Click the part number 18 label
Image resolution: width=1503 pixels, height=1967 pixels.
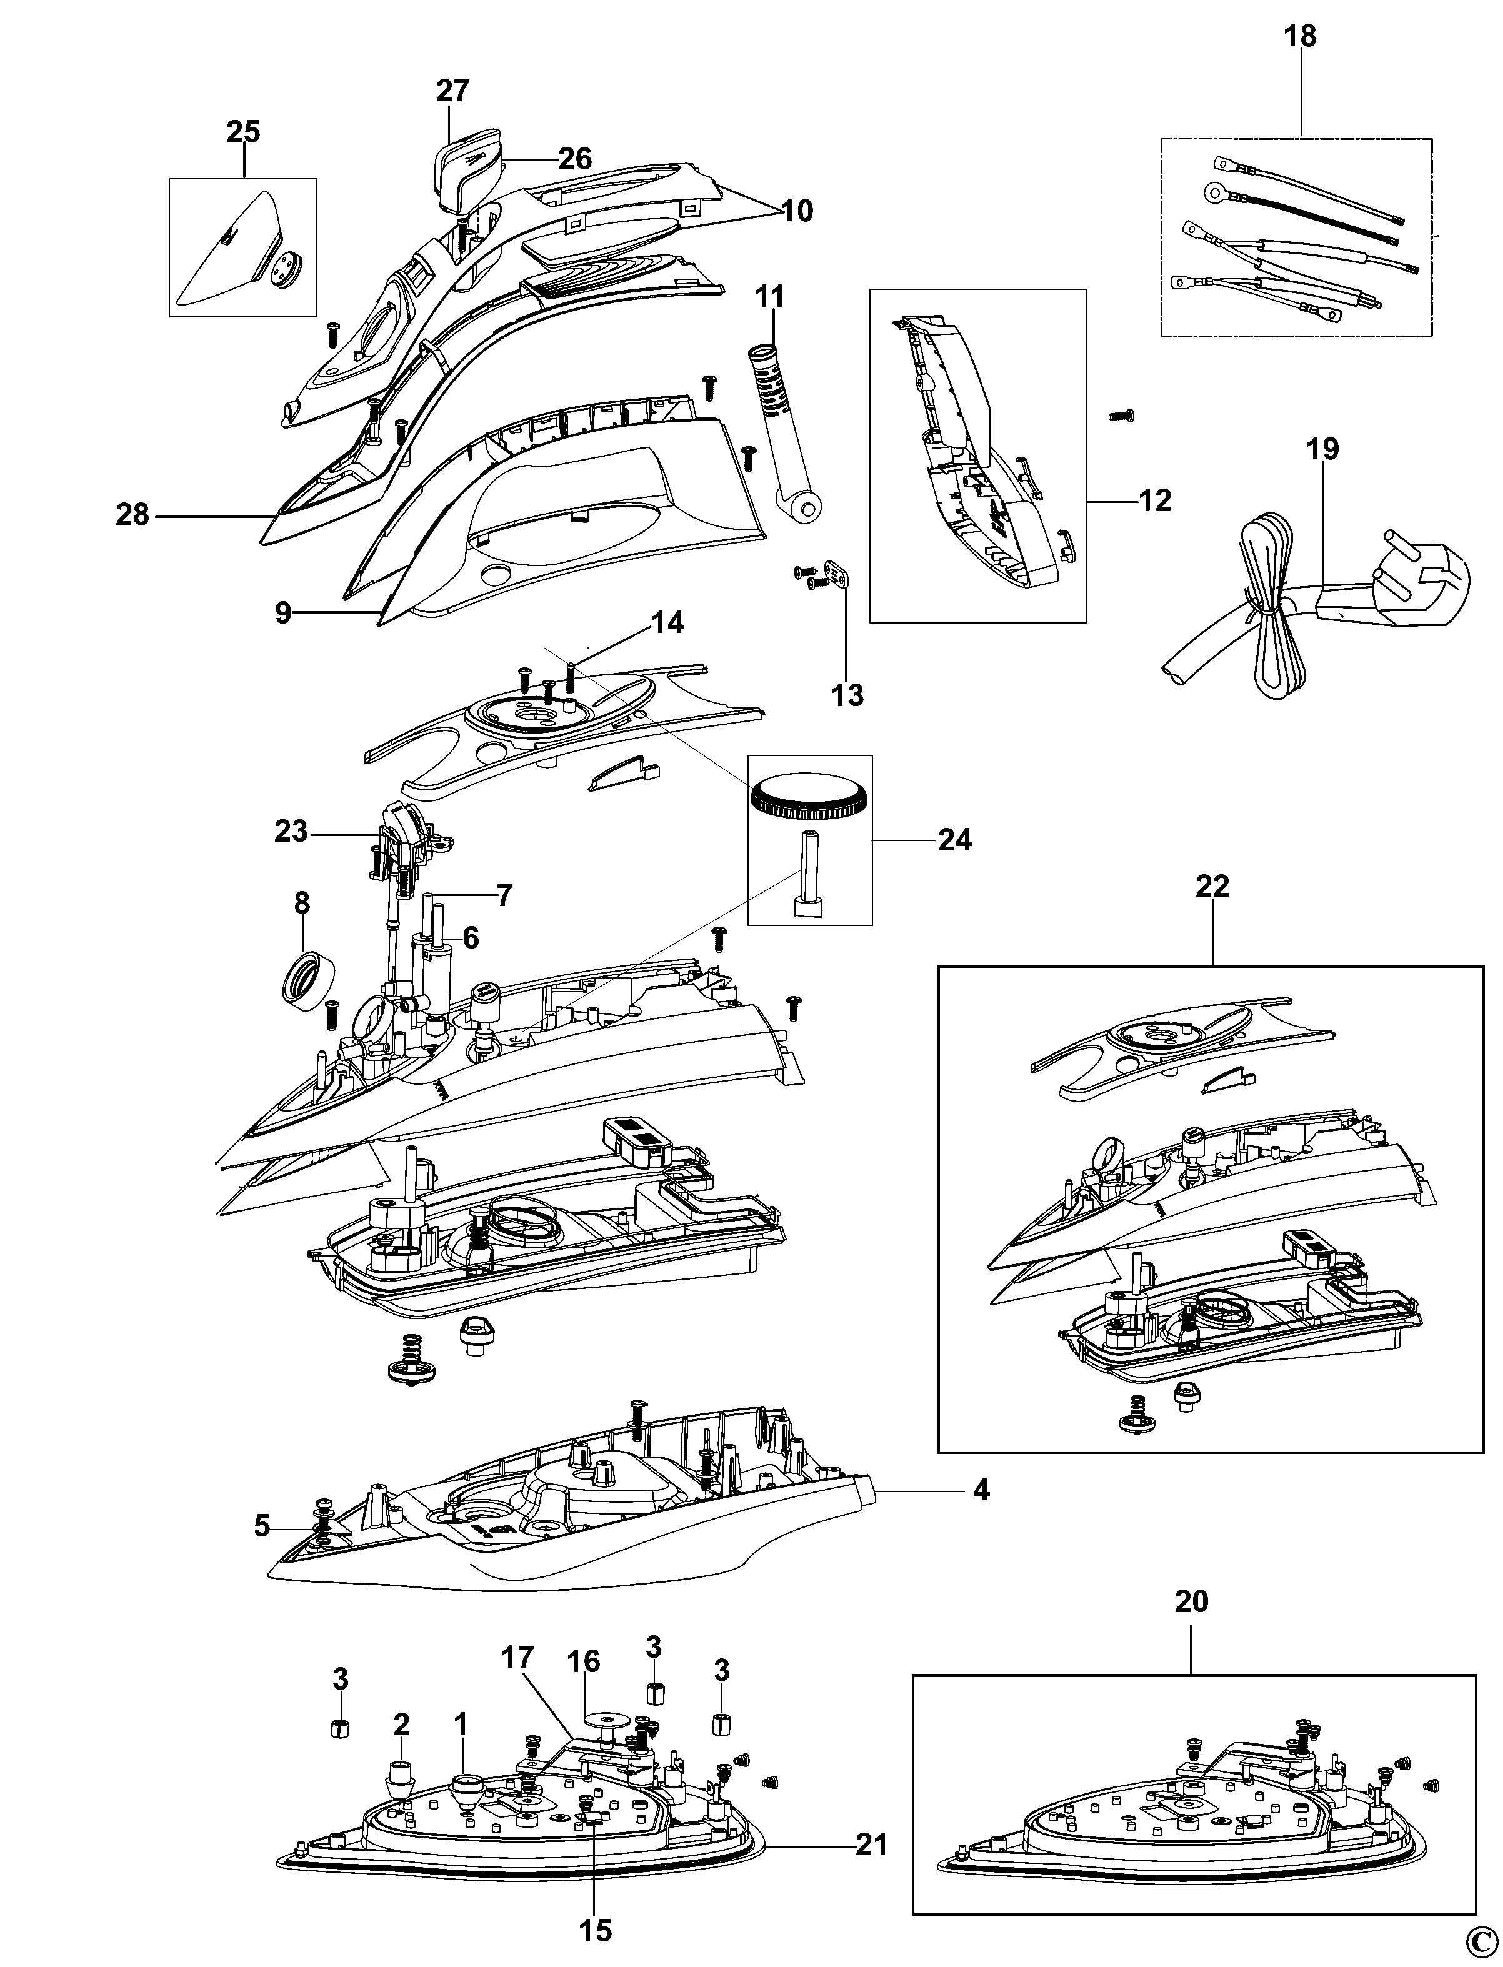(1300, 37)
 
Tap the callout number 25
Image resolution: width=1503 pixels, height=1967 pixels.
(242, 131)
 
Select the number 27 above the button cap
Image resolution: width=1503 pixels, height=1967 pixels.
(452, 91)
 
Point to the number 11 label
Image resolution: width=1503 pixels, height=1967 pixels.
(769, 296)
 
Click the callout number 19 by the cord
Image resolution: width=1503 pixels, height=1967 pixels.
(1323, 449)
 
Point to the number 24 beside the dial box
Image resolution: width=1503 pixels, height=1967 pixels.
(954, 840)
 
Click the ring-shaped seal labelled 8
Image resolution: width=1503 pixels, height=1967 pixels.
(303, 983)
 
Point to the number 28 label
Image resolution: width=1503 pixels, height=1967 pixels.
(132, 515)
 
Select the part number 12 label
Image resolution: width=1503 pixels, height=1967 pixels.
(1154, 501)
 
